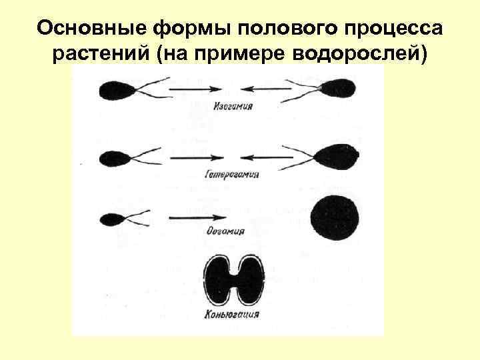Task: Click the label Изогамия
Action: point(233,107)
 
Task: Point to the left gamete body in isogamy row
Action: point(115,91)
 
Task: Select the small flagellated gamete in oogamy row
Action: point(110,218)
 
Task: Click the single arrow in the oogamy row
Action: point(196,218)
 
